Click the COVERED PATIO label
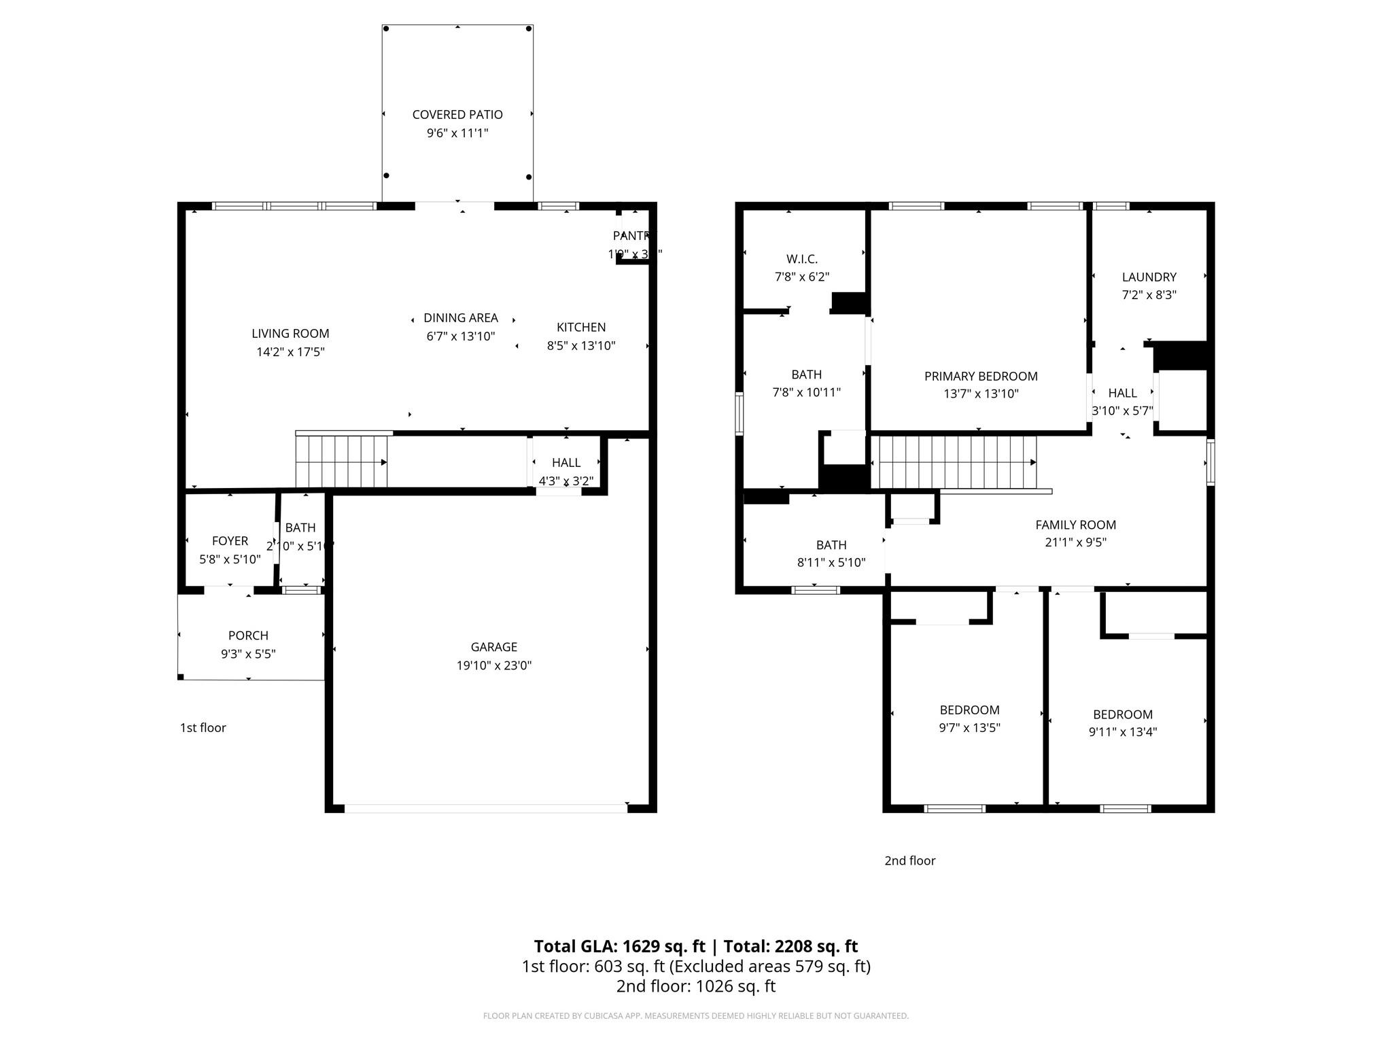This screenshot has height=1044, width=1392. pyautogui.click(x=457, y=115)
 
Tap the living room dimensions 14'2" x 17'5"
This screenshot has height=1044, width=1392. pyautogui.click(x=290, y=352)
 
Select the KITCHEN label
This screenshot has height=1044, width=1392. pyautogui.click(x=581, y=327)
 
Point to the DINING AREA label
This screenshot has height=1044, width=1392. pyautogui.click(x=461, y=317)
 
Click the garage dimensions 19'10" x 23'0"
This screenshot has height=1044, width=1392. pyautogui.click(x=494, y=665)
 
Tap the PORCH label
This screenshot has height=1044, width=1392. pyautogui.click(x=248, y=636)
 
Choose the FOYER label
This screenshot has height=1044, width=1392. pyautogui.click(x=230, y=541)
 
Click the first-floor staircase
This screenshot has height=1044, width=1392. pyautogui.click(x=341, y=462)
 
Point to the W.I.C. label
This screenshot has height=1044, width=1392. pyautogui.click(x=802, y=259)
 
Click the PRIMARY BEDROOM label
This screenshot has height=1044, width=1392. pyautogui.click(x=981, y=376)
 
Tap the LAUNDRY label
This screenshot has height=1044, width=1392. pyautogui.click(x=1149, y=277)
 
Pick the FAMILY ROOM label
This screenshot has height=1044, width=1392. pyautogui.click(x=1075, y=525)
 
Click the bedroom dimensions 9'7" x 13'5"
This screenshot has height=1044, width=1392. pyautogui.click(x=969, y=728)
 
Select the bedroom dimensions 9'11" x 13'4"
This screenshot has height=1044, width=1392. pyautogui.click(x=1122, y=732)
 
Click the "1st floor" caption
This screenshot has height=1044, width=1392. pyautogui.click(x=203, y=728)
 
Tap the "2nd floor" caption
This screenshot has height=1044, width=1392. pyautogui.click(x=909, y=860)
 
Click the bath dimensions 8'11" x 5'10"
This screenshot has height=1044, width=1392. pyautogui.click(x=831, y=563)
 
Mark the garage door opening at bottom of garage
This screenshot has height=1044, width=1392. pyautogui.click(x=485, y=808)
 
